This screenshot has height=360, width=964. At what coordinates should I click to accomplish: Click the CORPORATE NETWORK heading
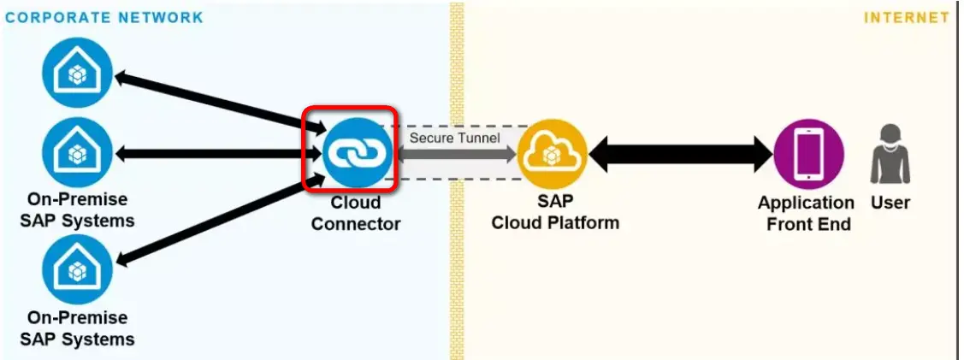tap(104, 17)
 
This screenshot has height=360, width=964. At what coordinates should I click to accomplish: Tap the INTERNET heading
tap(907, 17)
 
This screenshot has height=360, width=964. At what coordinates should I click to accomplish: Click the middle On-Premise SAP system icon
tap(77, 153)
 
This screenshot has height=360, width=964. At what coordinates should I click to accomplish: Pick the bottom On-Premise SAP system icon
tap(77, 269)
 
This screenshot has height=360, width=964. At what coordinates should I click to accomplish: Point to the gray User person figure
tap(890, 155)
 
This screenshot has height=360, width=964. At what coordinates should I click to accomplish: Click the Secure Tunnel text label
tap(454, 136)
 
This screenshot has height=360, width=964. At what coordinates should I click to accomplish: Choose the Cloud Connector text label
tap(355, 214)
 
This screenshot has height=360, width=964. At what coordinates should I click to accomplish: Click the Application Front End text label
tap(806, 214)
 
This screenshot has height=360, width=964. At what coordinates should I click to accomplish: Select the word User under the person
tap(890, 204)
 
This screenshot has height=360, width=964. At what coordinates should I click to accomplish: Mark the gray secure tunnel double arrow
tap(455, 155)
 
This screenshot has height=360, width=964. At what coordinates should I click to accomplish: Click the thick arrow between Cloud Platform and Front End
tap(681, 154)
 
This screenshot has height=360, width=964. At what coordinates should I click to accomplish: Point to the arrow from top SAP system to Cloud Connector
tap(221, 104)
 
